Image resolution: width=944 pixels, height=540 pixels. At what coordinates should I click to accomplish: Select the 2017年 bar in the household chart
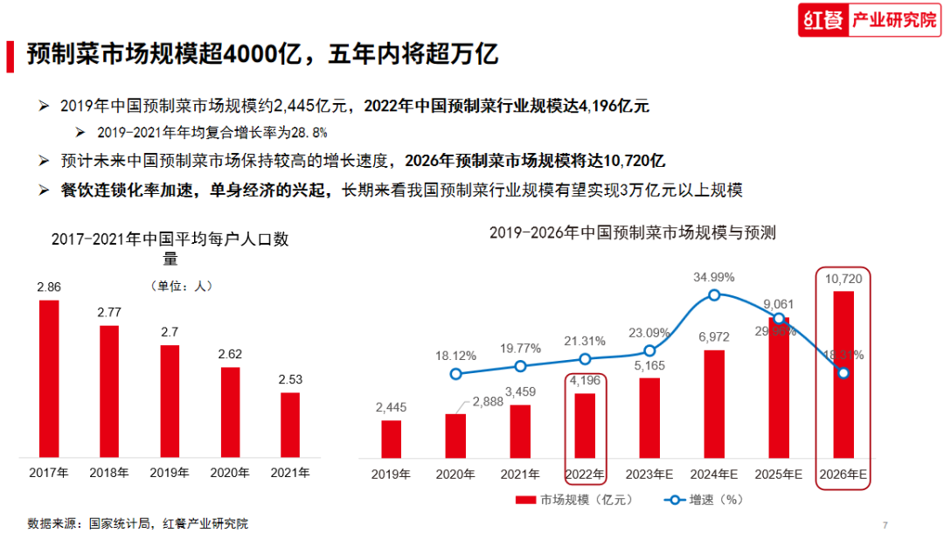pyautogui.click(x=49, y=378)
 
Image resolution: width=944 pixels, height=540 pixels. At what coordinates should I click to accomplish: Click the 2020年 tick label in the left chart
pyautogui.click(x=230, y=473)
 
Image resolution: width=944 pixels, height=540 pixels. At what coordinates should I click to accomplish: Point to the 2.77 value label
pyautogui.click(x=109, y=312)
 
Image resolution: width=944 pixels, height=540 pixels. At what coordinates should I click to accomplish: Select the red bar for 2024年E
pyautogui.click(x=714, y=404)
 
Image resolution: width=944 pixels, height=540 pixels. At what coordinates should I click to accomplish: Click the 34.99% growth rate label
pyautogui.click(x=714, y=277)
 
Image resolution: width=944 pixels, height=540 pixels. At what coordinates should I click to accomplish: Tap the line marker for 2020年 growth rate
pyautogui.click(x=455, y=374)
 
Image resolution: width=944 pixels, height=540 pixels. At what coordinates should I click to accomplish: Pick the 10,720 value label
pyautogui.click(x=843, y=278)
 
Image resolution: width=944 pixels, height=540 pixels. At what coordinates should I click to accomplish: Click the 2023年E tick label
pyautogui.click(x=649, y=474)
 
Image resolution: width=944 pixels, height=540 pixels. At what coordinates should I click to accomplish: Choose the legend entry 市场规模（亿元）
pyautogui.click(x=573, y=501)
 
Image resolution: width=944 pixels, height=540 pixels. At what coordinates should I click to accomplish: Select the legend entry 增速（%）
pyautogui.click(x=704, y=501)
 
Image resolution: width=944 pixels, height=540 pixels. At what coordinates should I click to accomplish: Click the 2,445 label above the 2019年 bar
pyautogui.click(x=391, y=407)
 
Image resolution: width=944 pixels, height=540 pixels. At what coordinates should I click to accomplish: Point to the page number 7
pyautogui.click(x=885, y=524)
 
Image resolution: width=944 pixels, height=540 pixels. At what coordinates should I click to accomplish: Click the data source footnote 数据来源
pyautogui.click(x=137, y=523)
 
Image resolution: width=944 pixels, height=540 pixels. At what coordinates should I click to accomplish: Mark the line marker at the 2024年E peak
pyautogui.click(x=714, y=295)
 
